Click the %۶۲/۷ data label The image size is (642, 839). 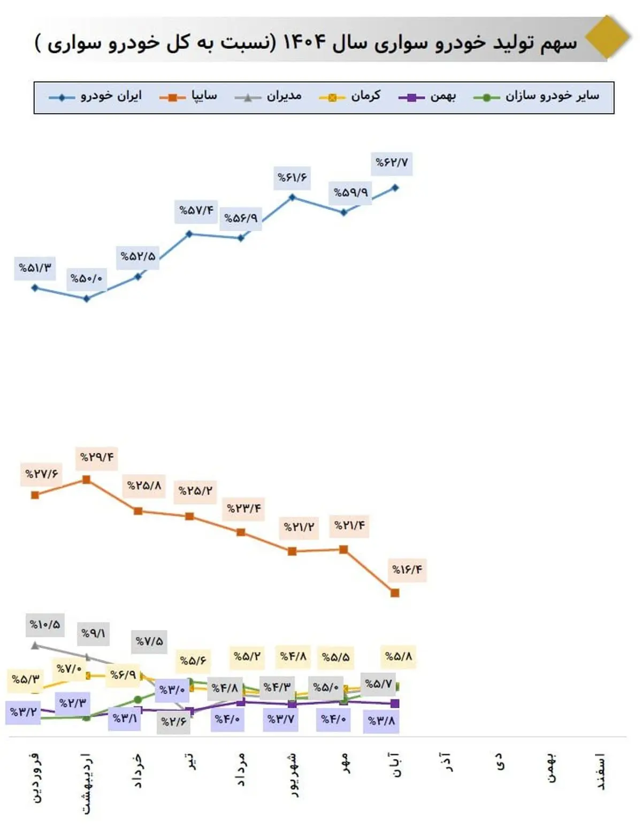coord(392,163)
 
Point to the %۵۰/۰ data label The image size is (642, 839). coord(86,279)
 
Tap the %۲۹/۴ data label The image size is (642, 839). coord(97,458)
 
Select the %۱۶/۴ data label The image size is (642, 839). coord(407,570)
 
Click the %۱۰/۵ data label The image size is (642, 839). coord(45,625)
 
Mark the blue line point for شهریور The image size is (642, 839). coord(292,197)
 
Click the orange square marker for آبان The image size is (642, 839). coord(395,592)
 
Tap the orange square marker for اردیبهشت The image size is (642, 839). coord(86,480)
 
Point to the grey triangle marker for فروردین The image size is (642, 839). coord(35,645)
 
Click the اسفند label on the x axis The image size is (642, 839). coord(601,772)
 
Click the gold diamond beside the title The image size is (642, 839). coord(607,37)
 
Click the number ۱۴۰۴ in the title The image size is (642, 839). coord(304,42)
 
